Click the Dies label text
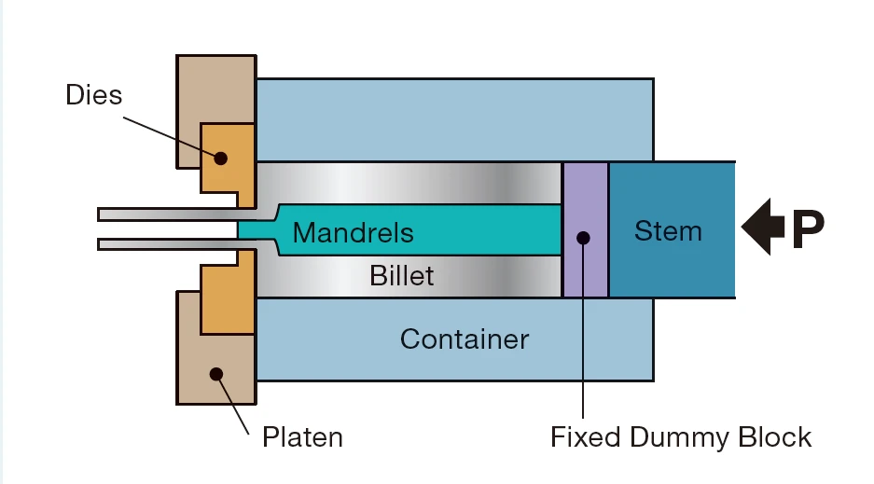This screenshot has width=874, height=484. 93,94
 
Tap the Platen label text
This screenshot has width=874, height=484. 301,436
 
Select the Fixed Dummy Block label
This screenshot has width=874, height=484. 681,436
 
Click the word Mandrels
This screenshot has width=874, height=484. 353,231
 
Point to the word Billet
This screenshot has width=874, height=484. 401,276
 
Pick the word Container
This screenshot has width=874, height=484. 464,339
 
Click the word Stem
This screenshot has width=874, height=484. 668,230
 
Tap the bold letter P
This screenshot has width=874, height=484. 808,231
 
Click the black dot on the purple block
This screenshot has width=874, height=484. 584,237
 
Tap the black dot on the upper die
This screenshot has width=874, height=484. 220,158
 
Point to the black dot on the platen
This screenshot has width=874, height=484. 216,375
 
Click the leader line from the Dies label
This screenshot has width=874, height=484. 168,135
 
